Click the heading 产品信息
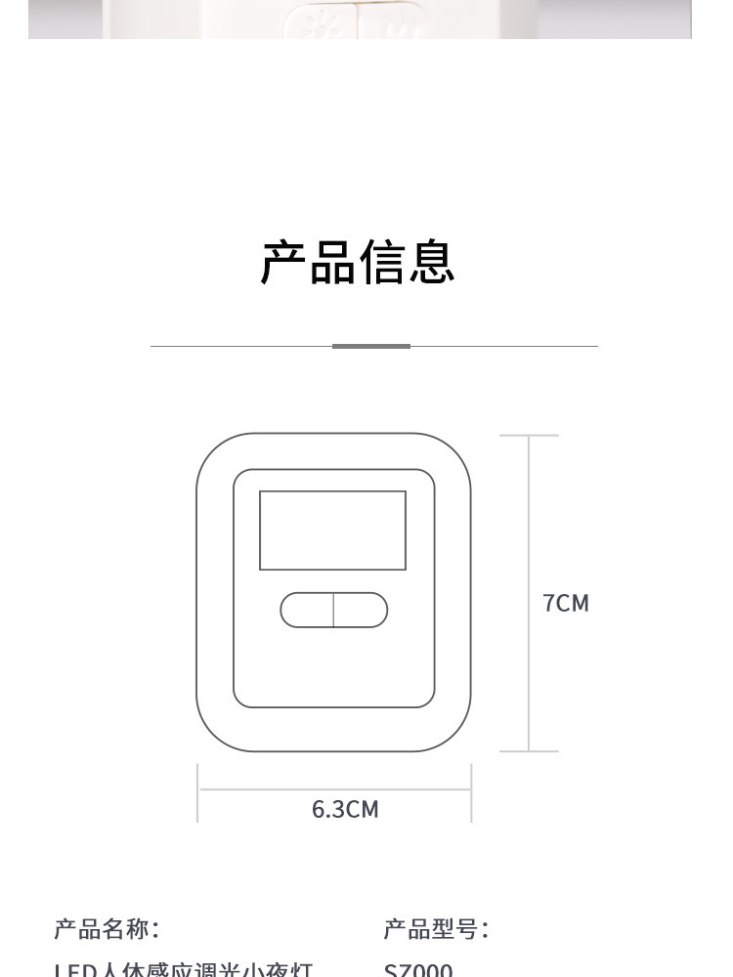pos(358,262)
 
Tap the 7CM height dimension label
pos(566,603)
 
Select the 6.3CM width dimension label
pos(345,809)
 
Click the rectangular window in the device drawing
pos(332,531)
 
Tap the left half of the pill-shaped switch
pos(307,610)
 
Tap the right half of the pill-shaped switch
pos(361,610)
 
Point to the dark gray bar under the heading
pos(371,346)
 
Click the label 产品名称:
pos(107,928)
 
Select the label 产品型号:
pos(436,928)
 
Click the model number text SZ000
pos(418,970)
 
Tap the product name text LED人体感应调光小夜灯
pos(183,970)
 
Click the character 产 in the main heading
pos(282,262)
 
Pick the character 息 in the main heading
pos(432,262)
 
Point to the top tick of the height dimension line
pos(529,436)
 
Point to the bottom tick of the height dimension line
pos(529,751)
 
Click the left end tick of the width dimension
pos(198,792)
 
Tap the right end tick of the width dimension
pos(471,792)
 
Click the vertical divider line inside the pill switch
pos(333,610)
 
